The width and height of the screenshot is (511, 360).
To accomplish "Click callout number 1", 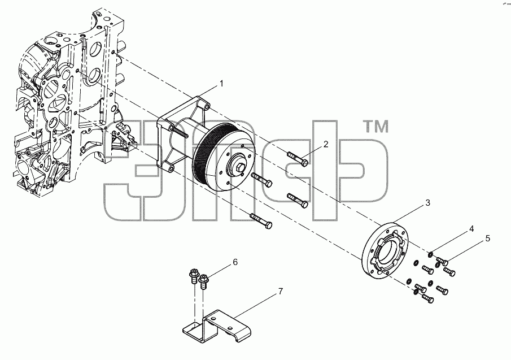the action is (221, 84).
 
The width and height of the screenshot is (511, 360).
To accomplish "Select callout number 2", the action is (326, 144).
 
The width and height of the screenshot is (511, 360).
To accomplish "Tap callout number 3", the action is (428, 203).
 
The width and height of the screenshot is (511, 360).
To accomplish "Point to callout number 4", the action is (471, 229).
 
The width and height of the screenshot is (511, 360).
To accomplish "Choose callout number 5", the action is (487, 238).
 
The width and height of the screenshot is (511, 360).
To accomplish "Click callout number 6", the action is (235, 262).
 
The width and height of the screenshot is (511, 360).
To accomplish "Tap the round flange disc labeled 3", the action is (385, 250).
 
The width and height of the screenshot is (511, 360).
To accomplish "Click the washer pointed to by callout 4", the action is (431, 254).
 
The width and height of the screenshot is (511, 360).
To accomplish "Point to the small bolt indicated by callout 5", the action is (443, 260).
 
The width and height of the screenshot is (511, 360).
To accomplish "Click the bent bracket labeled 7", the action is (216, 327).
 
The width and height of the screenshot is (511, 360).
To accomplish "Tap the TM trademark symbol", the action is (375, 127).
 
